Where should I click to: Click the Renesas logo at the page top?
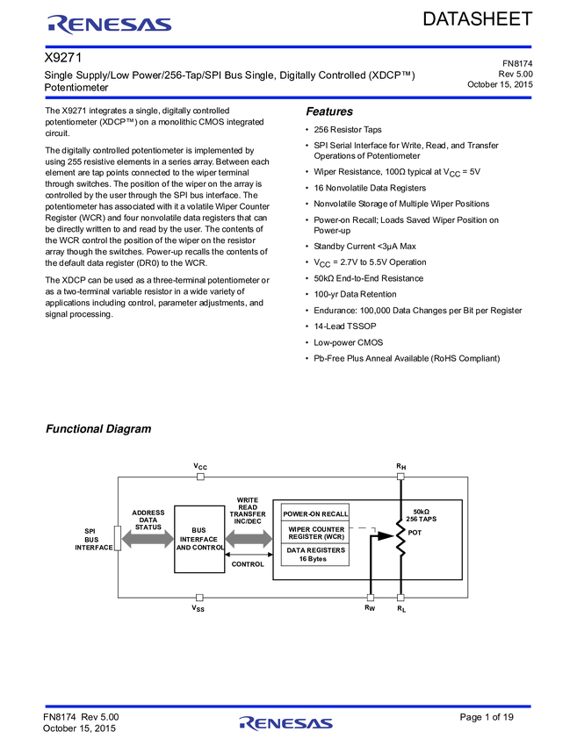110,24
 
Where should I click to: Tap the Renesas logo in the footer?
286,723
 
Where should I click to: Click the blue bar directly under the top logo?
288,47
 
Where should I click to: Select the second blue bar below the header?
288,97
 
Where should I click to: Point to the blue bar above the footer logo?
288,706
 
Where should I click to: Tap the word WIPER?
299,529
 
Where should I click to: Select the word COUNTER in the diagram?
328,529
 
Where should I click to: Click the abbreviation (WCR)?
334,536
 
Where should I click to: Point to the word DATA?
296,550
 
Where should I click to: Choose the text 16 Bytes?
313,558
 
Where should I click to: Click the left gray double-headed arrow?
148,538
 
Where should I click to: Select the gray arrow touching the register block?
249,538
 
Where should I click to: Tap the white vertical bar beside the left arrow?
117,537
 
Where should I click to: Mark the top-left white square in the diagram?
200,477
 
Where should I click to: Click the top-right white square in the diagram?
400,477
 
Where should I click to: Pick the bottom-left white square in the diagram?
199,598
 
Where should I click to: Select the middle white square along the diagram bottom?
371,598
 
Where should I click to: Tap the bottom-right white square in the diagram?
400,598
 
